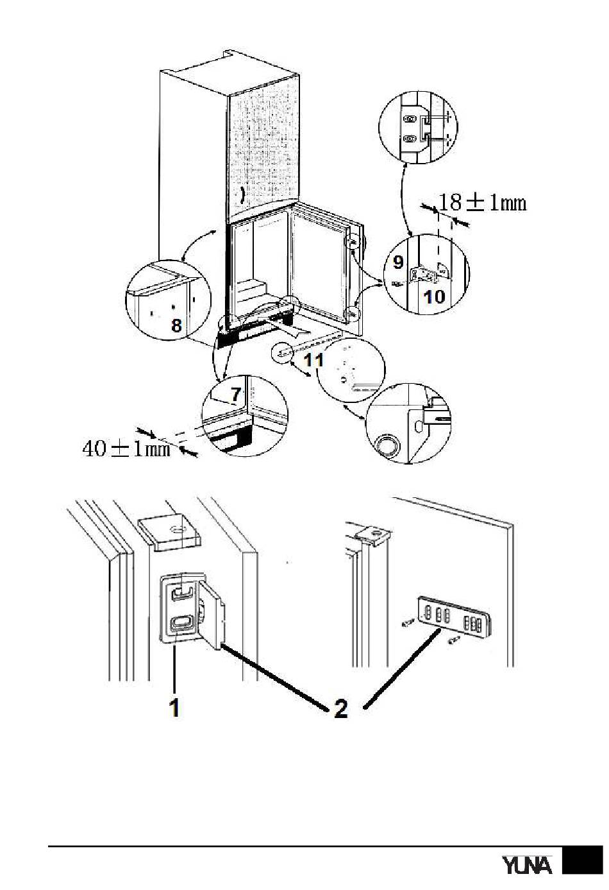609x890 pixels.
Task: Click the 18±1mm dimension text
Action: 483,203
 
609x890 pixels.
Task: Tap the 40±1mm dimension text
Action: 126,448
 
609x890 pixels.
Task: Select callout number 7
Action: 235,394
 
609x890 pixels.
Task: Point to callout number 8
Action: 176,325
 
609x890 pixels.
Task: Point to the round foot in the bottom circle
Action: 387,444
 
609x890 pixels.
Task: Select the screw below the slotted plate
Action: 455,640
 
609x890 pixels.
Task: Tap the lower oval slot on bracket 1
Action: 181,622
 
